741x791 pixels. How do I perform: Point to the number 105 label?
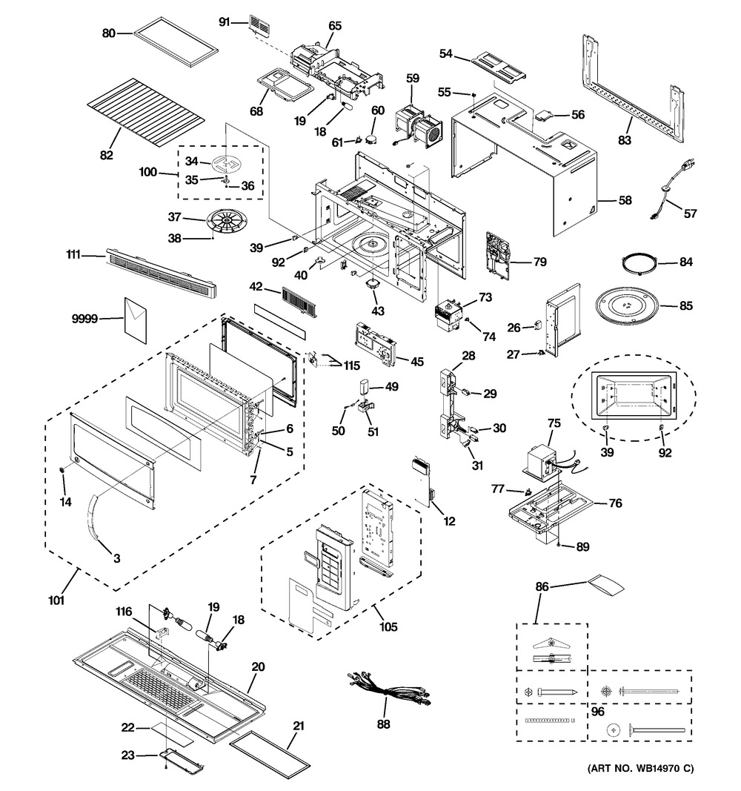click(x=388, y=627)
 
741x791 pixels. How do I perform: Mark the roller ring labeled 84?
click(x=639, y=262)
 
